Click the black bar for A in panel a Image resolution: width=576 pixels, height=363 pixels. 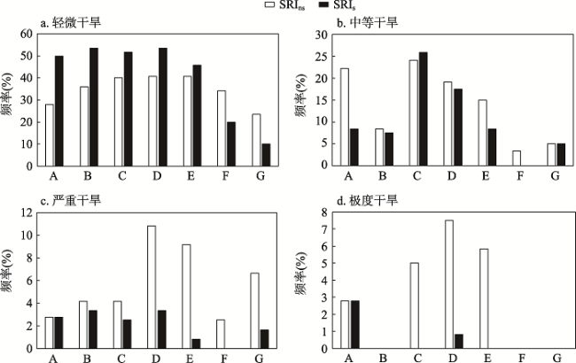[x=58, y=111]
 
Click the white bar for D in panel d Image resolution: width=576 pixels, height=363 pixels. [x=449, y=284]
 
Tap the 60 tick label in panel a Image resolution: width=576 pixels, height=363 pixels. [x=27, y=34]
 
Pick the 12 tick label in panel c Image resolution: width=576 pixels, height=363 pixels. [x=27, y=212]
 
